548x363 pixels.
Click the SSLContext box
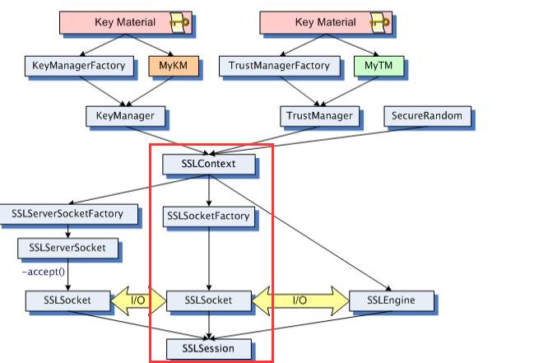click(209, 164)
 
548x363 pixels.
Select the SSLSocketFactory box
click(207, 216)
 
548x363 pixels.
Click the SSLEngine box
click(391, 300)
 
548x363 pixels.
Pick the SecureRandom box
click(427, 115)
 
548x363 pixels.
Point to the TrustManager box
click(319, 115)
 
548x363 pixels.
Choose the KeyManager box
click(125, 115)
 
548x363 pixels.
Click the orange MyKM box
click(169, 64)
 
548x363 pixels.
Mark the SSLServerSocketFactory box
click(67, 213)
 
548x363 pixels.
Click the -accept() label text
click(42, 271)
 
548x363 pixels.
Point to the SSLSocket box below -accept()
click(57, 300)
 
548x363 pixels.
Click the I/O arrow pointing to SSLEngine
click(300, 300)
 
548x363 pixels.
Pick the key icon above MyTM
click(380, 23)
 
